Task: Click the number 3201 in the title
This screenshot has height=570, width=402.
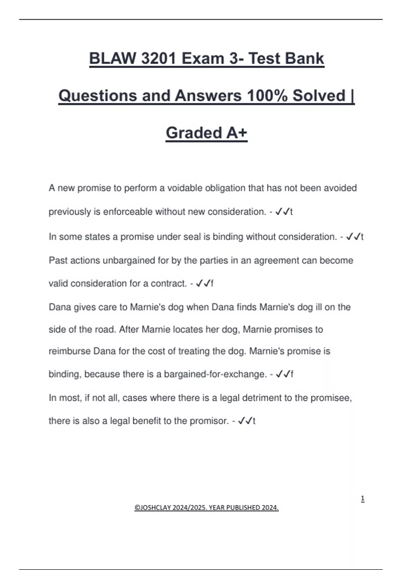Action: click(159, 58)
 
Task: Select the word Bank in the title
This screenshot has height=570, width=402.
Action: click(305, 58)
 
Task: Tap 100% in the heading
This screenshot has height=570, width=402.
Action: click(267, 96)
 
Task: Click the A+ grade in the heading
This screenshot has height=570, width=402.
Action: click(237, 133)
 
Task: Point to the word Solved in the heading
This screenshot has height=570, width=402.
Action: click(319, 96)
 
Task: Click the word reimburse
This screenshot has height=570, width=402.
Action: click(69, 351)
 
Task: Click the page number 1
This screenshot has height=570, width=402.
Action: click(362, 499)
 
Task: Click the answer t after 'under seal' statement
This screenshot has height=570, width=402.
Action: click(362, 237)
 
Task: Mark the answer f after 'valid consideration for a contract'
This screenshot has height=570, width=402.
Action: click(212, 284)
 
